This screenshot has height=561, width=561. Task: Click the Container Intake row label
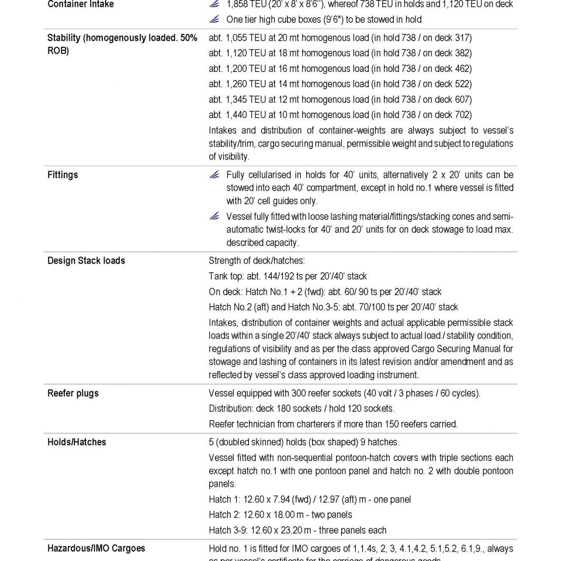[81, 5]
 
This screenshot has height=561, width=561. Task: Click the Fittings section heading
[63, 175]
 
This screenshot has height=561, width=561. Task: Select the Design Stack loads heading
[86, 261]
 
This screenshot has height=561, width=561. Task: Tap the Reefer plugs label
[72, 393]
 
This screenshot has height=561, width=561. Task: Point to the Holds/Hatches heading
[77, 442]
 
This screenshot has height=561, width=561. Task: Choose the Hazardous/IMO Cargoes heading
[96, 549]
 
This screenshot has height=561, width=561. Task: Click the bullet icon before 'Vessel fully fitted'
[214, 217]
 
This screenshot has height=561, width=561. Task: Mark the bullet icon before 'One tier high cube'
[214, 20]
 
